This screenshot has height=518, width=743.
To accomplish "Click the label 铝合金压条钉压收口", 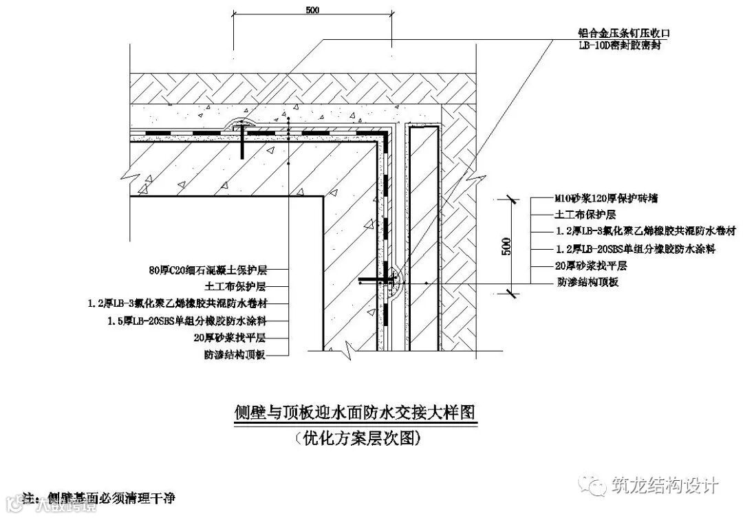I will [623, 32].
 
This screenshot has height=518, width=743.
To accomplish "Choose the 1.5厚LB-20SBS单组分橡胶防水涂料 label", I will [186, 321].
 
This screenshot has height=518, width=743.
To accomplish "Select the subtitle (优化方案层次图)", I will [354, 437].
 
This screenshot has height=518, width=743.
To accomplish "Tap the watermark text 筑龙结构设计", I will [665, 486].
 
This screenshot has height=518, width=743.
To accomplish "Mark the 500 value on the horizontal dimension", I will [312, 10].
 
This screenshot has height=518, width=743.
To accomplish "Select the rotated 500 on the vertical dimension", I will [506, 246].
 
